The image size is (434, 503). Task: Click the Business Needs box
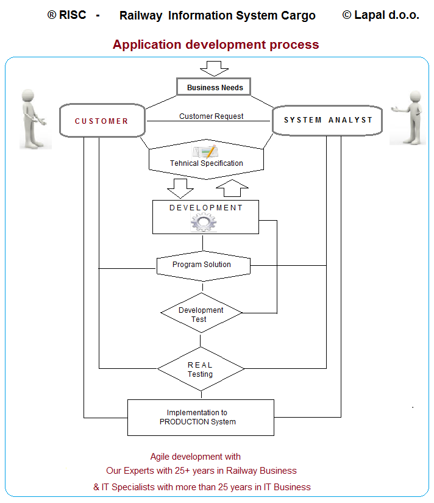[x=214, y=87]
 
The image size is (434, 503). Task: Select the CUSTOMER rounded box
[x=102, y=121]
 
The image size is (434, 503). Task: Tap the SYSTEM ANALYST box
[x=327, y=120]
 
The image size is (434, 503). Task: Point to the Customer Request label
[x=211, y=116]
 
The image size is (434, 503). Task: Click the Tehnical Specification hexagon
[x=206, y=163]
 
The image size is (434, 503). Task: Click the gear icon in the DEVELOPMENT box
[x=204, y=223]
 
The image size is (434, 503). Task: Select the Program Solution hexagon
[x=202, y=265]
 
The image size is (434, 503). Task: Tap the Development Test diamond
[x=201, y=314]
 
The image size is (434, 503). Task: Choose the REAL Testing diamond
[x=201, y=369]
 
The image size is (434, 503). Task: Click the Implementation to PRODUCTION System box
[x=201, y=417]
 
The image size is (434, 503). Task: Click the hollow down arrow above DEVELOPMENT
[x=180, y=188]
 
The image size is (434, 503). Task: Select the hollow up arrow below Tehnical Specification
[x=232, y=188]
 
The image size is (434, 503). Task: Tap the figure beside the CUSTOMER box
[x=34, y=118]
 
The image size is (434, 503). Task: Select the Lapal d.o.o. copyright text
[x=380, y=15]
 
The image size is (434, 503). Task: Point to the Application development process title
[x=216, y=45]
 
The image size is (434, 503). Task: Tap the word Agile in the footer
[x=162, y=456]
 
